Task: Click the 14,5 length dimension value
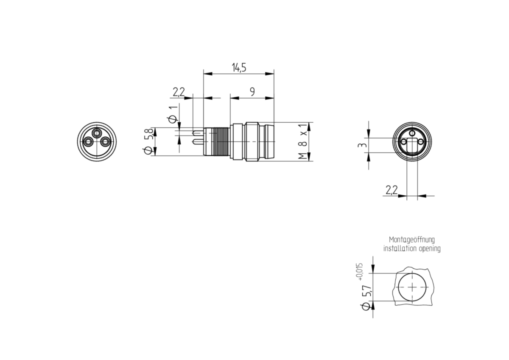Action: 239,68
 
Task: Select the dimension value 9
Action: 252,92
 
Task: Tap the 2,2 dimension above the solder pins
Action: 179,92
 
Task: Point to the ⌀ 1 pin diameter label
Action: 173,114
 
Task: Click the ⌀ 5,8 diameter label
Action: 149,141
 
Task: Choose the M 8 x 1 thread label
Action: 303,141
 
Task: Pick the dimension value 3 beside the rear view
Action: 362,145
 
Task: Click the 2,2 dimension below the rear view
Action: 392,190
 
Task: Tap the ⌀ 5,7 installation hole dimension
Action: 366,297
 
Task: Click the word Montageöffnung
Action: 412,240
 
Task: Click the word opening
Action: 430,249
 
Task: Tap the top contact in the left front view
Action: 97,133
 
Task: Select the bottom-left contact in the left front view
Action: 88,142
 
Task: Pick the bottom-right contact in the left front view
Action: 105,142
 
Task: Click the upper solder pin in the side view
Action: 198,133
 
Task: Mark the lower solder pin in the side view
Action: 198,142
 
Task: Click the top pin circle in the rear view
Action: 412,133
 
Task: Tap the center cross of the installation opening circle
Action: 412,287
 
